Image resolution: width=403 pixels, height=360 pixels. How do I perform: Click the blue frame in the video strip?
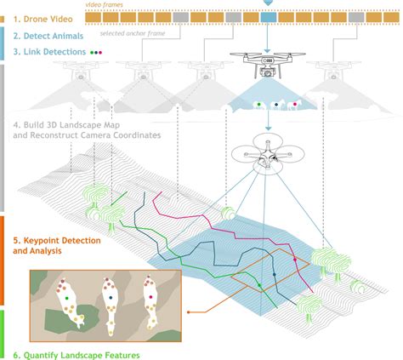pos(268,17)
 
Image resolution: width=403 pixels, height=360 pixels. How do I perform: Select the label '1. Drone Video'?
pos(43,19)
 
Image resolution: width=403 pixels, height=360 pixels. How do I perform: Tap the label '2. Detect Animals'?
pos(48,36)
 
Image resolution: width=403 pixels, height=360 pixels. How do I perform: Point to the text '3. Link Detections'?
pos(49,52)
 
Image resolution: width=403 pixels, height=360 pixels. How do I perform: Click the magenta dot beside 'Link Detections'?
pos(100,53)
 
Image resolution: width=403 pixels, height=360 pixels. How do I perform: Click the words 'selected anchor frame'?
pos(133,33)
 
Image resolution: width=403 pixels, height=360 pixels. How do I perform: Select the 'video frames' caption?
pos(104,4)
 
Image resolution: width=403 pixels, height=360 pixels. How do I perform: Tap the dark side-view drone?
pos(267,65)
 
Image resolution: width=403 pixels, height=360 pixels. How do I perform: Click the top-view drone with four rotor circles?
pos(268,154)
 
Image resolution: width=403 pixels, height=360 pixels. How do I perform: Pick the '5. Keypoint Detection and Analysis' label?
pos(57,245)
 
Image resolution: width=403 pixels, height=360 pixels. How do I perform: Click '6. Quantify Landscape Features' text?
pos(77,355)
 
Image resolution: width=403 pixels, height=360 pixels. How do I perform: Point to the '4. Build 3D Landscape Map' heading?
pos(66,125)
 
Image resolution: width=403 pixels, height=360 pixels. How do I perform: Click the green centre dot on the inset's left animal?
pos(67,298)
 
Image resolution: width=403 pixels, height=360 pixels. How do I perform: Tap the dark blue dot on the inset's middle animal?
pos(111,298)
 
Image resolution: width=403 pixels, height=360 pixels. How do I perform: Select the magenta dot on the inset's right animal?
pos(150,297)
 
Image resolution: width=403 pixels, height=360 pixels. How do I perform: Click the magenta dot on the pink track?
pos(295,260)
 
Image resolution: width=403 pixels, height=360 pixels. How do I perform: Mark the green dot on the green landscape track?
pos(259,285)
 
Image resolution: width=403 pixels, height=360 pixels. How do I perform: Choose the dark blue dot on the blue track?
pos(274,274)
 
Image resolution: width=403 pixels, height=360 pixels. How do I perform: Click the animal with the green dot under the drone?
pos(259,105)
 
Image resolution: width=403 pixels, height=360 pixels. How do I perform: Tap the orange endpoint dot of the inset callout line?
pos(189,312)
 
